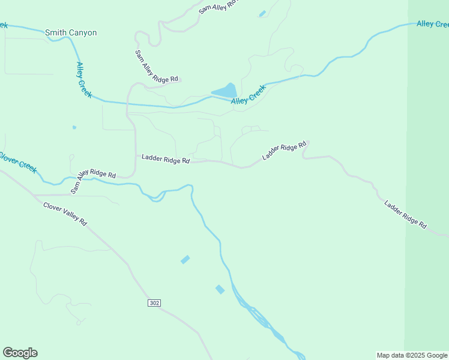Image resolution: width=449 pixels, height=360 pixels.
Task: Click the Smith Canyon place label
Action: tap(71, 33)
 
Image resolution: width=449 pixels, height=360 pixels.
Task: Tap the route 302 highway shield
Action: tap(154, 303)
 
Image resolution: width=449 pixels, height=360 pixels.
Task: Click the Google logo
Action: tap(20, 353)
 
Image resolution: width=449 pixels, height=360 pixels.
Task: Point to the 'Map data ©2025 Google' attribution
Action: tap(412, 355)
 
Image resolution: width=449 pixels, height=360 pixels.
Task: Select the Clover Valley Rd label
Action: tap(65, 214)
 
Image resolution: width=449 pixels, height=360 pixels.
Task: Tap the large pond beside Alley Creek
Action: tap(225, 91)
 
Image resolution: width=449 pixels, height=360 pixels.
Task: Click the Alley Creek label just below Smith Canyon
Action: tap(83, 80)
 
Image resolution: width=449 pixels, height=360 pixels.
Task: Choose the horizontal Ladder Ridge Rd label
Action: tap(166, 159)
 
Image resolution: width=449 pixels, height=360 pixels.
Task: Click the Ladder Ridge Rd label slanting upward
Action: tap(285, 151)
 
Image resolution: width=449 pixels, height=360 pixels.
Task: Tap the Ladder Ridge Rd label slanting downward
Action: tap(406, 214)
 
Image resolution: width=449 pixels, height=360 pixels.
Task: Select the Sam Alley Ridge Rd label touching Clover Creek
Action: tap(93, 180)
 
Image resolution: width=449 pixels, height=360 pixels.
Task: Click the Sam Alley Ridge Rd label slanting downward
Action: tap(157, 66)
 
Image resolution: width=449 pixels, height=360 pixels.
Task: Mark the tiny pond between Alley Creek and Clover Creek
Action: tap(74, 127)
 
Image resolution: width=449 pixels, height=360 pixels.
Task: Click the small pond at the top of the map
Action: tap(262, 13)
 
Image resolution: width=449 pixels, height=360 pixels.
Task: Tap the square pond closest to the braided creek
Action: tap(220, 289)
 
